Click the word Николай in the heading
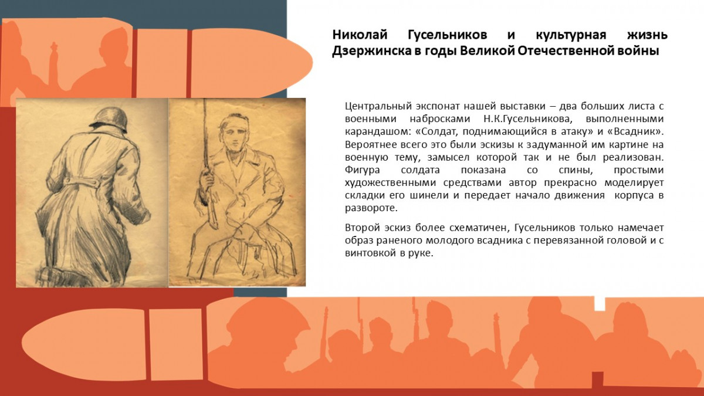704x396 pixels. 360,35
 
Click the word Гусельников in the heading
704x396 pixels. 448,35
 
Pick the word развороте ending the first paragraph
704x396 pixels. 371,208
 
